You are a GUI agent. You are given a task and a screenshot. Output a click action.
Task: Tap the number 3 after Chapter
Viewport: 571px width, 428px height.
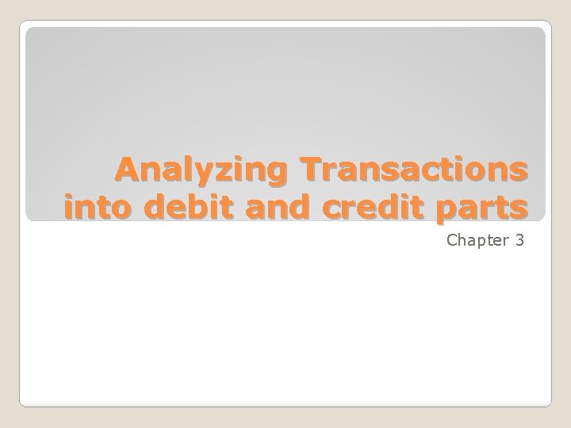pos(519,239)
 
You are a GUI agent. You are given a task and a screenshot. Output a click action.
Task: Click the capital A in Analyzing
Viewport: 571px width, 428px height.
pos(127,170)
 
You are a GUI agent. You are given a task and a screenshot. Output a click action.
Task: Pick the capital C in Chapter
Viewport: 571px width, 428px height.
pos(452,239)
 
